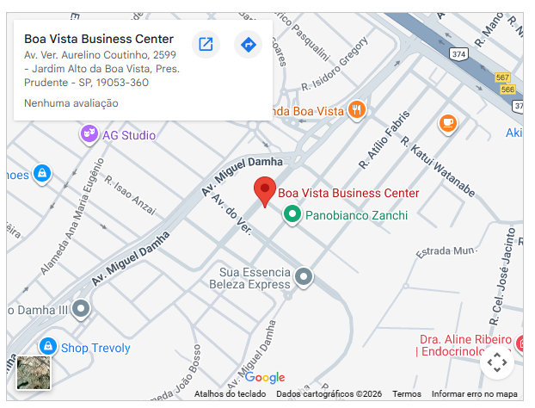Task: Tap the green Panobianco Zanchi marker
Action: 292,213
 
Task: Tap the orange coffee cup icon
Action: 447,123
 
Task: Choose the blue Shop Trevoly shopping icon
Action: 48,348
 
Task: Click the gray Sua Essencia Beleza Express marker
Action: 304,277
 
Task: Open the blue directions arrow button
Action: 248,44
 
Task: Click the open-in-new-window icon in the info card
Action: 206,44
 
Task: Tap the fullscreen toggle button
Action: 497,362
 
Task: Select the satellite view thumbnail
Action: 34,372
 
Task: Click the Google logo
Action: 264,377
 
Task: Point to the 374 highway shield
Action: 459,53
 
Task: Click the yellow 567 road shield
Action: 504,77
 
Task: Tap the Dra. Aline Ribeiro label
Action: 465,339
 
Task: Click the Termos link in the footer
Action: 407,394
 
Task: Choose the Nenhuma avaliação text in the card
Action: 71,103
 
